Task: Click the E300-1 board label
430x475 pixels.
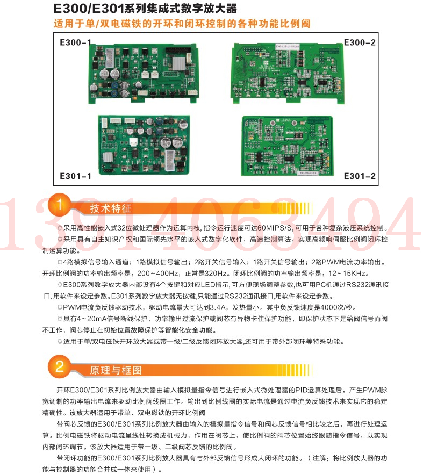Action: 75,42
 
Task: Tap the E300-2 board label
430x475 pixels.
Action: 360,42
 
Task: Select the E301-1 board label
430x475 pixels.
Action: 75,176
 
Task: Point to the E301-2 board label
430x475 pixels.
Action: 360,176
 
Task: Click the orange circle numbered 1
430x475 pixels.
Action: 59,205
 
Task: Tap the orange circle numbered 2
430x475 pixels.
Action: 59,366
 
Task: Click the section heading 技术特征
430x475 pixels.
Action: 111,208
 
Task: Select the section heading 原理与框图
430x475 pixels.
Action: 116,370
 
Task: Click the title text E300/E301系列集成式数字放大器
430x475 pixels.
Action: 145,9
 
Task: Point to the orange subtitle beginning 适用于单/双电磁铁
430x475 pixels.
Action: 182,24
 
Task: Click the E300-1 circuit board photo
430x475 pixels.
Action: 144,73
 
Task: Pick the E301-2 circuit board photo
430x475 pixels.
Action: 287,146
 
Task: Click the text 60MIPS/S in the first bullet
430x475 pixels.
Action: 275,228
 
